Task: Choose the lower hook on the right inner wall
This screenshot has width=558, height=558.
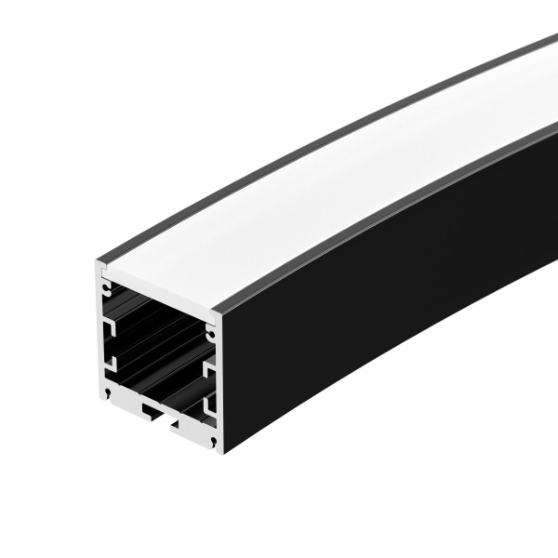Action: (x=209, y=406)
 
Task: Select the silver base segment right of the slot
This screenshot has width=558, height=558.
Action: (x=193, y=430)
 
